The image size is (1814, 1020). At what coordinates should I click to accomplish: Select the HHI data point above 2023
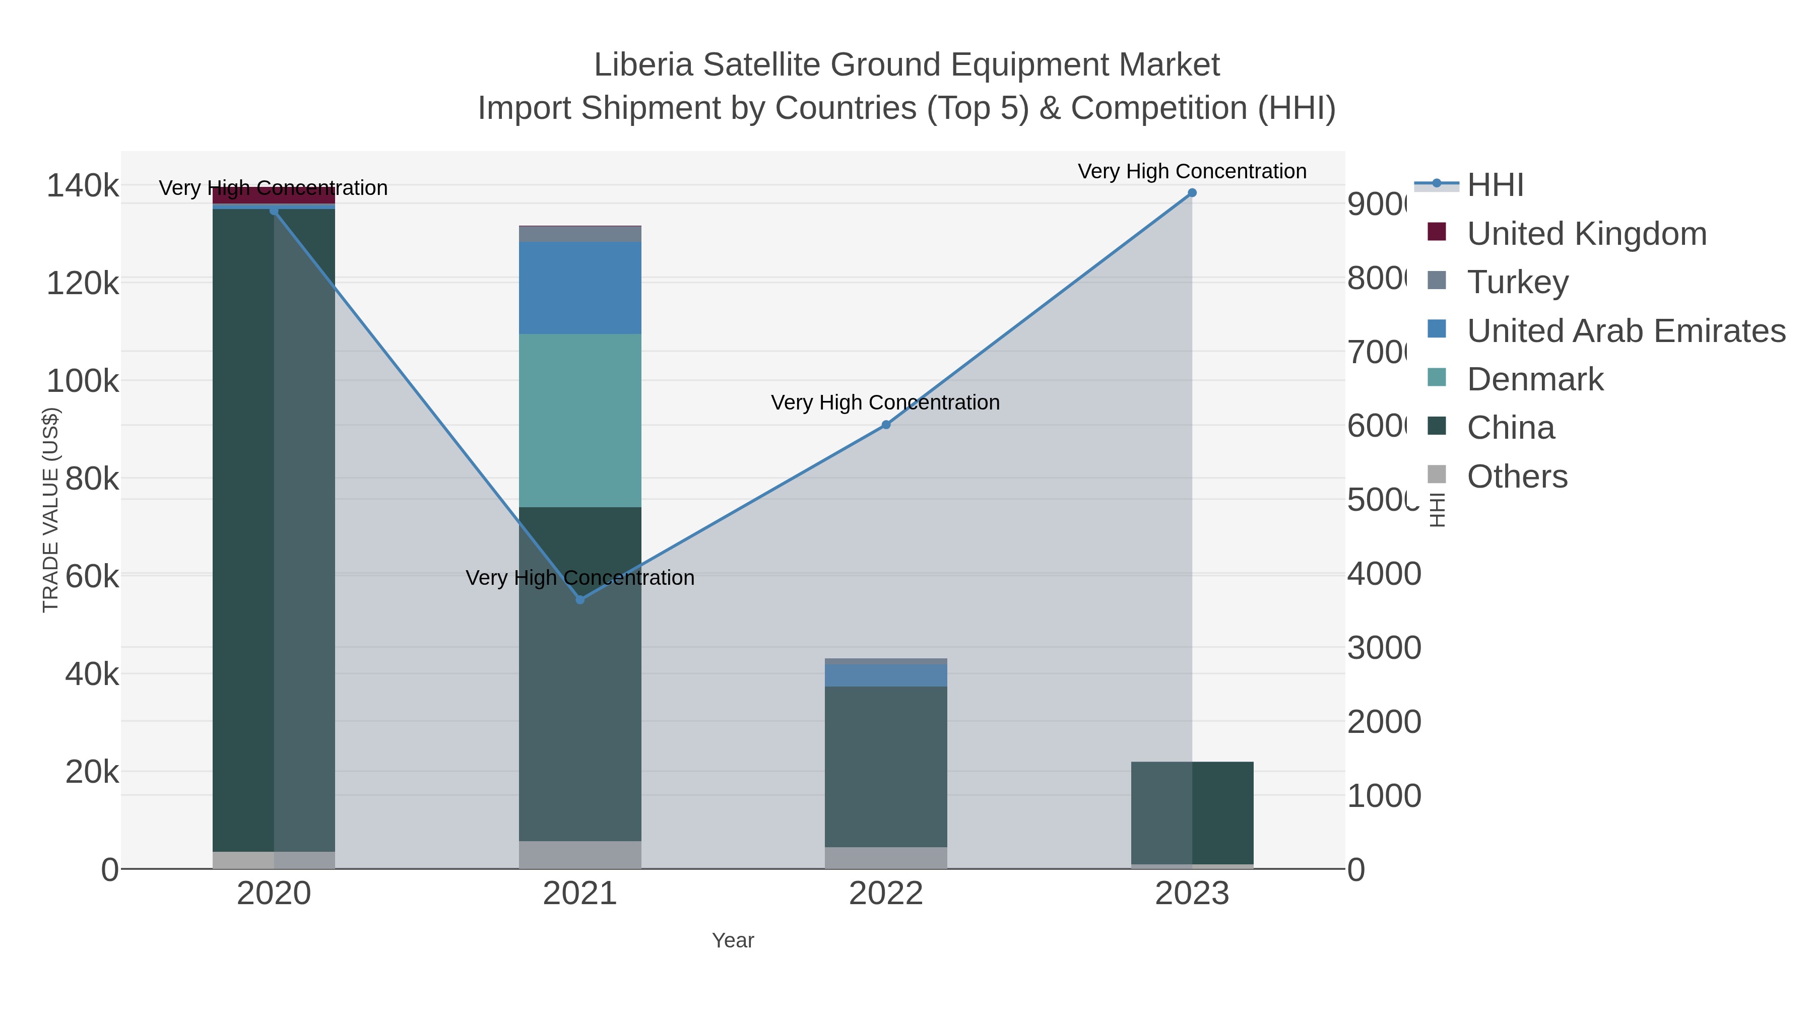(1192, 193)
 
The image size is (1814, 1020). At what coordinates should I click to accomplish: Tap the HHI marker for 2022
(886, 425)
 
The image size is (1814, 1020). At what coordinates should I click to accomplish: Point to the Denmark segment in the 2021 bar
(579, 420)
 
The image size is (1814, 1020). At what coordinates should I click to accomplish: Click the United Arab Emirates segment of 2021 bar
(579, 287)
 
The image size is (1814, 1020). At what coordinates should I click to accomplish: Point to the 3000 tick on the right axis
(1383, 648)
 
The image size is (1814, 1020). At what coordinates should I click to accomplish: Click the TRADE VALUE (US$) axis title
(51, 510)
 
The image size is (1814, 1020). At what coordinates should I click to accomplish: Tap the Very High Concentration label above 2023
(1192, 171)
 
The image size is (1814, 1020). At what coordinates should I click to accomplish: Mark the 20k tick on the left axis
(92, 772)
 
